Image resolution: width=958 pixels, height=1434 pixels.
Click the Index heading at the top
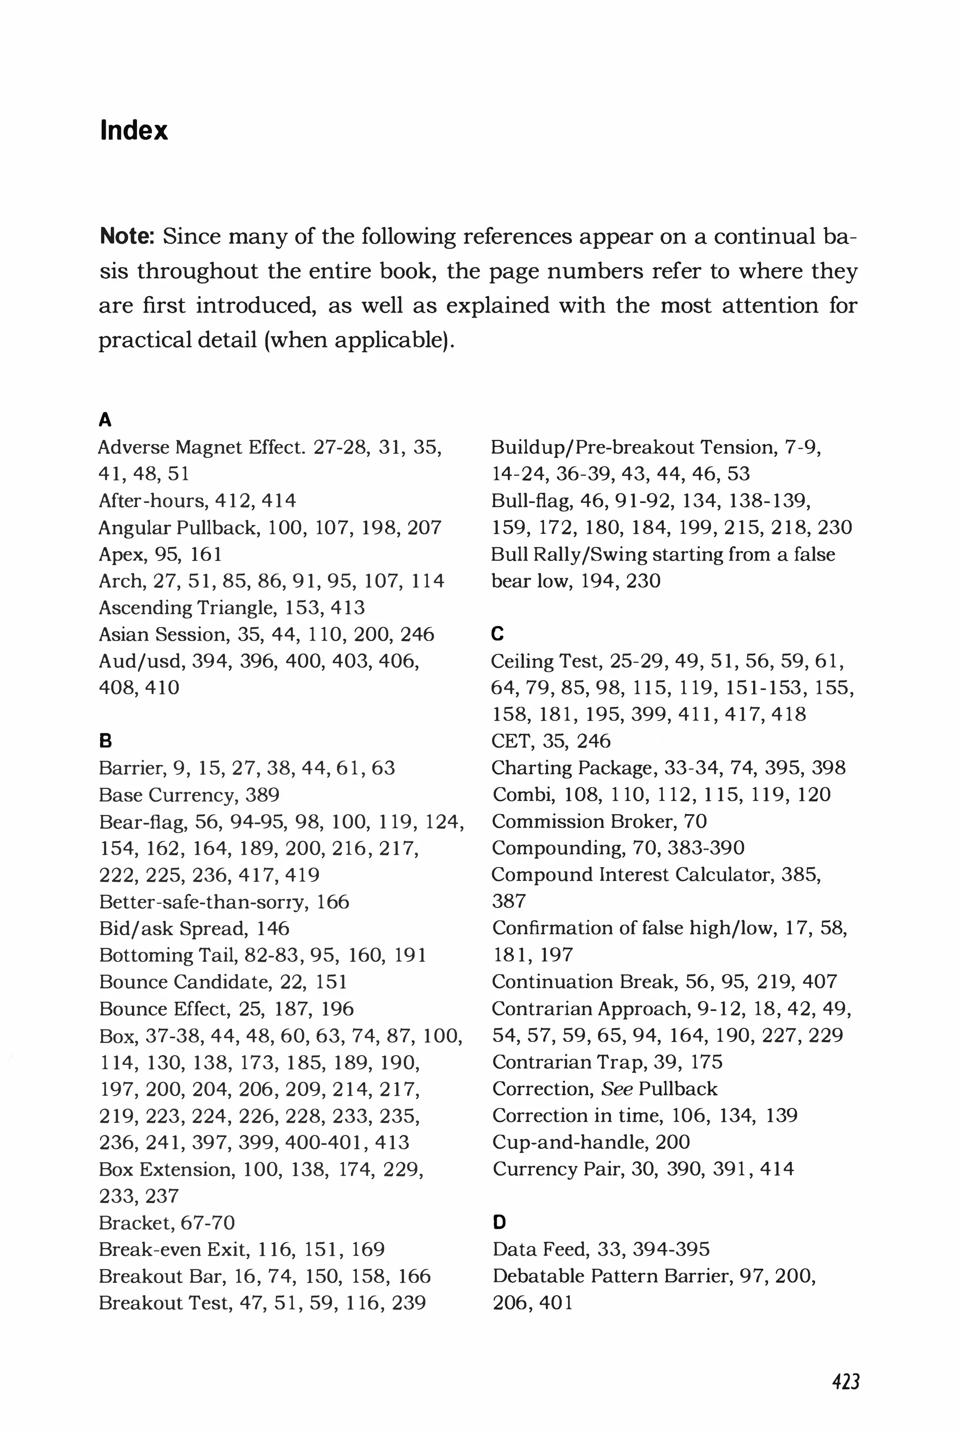tap(133, 131)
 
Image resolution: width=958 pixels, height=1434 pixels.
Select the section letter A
tap(105, 420)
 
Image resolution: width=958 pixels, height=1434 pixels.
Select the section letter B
tap(105, 741)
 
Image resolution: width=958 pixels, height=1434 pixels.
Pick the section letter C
tap(497, 633)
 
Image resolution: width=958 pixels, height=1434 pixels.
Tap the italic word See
tap(616, 1088)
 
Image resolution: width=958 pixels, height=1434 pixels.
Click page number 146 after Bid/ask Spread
tap(273, 928)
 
